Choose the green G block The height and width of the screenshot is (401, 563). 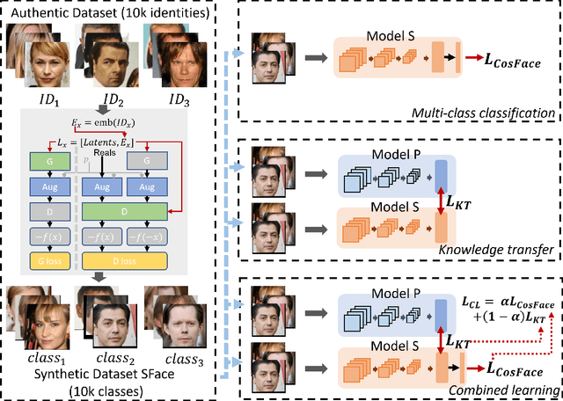42,161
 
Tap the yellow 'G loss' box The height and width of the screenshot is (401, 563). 42,260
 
